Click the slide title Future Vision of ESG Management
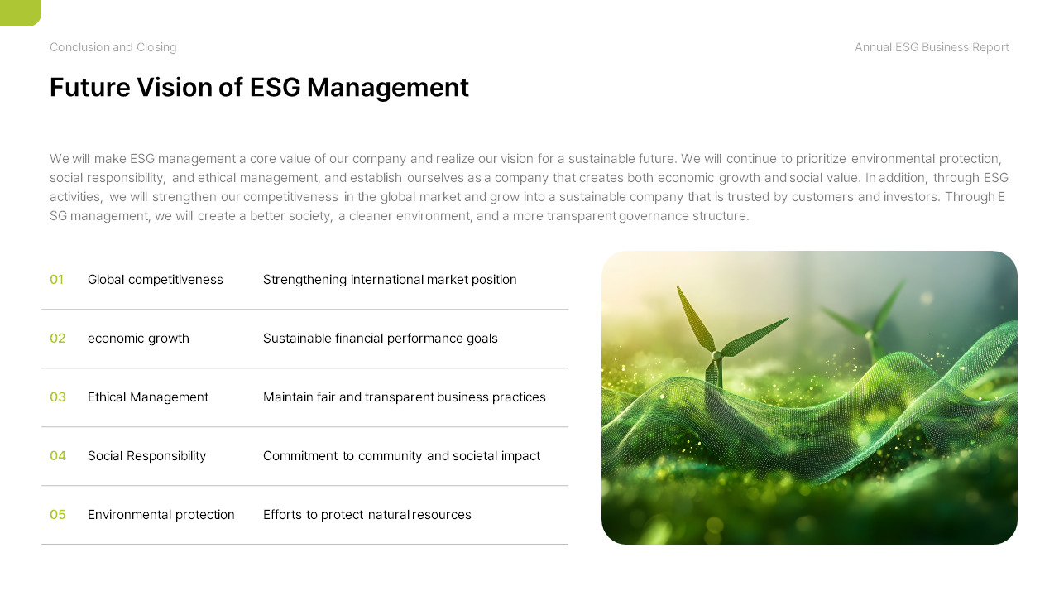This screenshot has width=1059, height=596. (x=259, y=87)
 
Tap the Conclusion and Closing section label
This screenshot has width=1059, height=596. (x=113, y=47)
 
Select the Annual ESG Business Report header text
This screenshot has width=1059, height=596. (x=932, y=47)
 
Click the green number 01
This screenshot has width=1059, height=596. (x=57, y=280)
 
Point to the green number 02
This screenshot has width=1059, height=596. (x=58, y=339)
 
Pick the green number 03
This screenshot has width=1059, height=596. (x=58, y=397)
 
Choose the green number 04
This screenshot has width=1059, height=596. (x=58, y=456)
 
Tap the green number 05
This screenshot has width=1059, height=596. (x=58, y=515)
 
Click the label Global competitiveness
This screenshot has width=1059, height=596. (x=156, y=280)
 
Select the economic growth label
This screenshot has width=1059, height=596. (x=138, y=339)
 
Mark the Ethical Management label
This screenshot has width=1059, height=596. (x=148, y=397)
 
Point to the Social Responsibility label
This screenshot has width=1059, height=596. (x=146, y=456)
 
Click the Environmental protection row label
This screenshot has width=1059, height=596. (x=161, y=515)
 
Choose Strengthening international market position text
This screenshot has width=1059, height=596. (x=390, y=280)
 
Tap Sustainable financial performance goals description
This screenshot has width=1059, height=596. (x=381, y=339)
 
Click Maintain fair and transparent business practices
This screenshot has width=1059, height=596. (x=405, y=397)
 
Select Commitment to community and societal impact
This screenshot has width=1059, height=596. (x=401, y=456)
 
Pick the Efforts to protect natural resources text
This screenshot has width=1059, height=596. (x=367, y=515)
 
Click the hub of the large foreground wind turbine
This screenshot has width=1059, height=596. (x=716, y=354)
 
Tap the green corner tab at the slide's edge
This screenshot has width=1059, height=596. (x=19, y=12)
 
